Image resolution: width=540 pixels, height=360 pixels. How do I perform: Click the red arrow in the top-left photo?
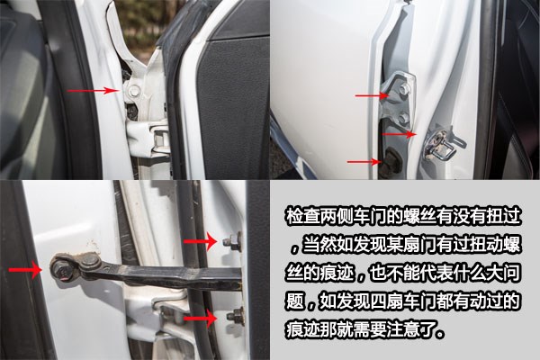click(103, 90)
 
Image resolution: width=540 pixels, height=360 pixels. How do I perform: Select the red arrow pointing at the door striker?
click(398, 133)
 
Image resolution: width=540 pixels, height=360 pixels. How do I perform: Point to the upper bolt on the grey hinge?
click(402, 90)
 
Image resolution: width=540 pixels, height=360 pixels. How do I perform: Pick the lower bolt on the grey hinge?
click(403, 117)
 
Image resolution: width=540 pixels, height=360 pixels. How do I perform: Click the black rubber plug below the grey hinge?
click(395, 162)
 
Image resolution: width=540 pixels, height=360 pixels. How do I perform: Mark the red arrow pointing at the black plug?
click(364, 162)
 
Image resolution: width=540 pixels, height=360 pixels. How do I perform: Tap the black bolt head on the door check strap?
click(63, 267)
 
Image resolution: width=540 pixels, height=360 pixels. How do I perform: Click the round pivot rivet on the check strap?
click(89, 261)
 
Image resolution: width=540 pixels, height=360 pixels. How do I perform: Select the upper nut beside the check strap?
click(230, 241)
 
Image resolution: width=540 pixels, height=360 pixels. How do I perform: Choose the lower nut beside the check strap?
click(234, 315)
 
